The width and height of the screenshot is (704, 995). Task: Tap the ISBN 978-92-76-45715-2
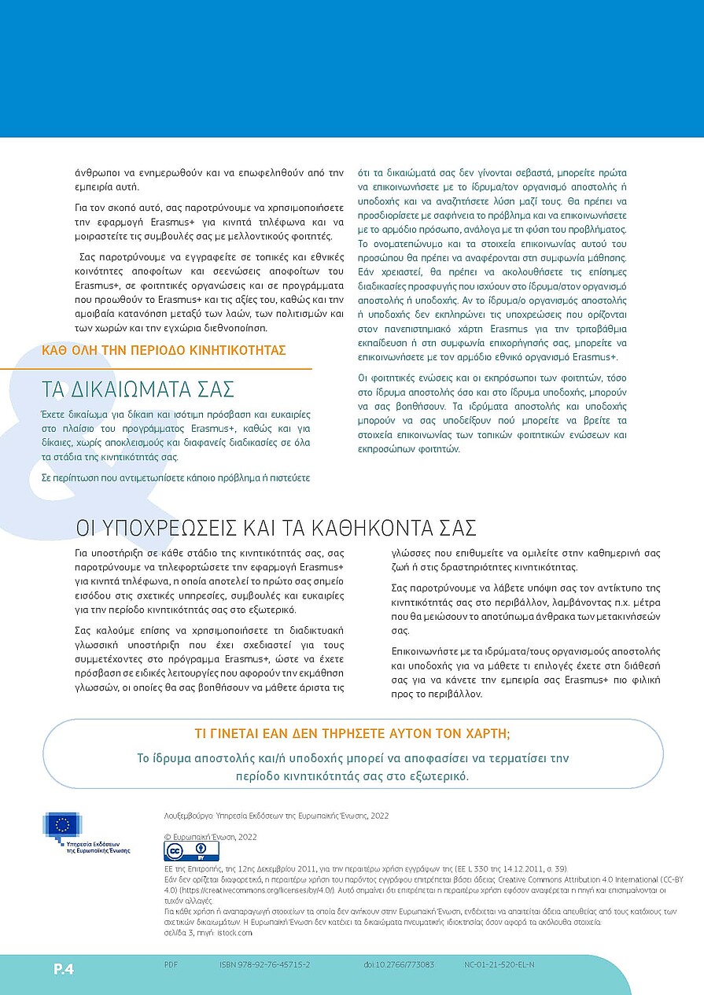[264, 964]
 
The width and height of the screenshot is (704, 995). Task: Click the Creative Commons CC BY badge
[191, 850]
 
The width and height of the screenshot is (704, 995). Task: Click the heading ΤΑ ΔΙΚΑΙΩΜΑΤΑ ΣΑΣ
[138, 389]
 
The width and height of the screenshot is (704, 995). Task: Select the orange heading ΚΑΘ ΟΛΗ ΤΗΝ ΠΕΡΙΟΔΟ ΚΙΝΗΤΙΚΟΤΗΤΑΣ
[164, 351]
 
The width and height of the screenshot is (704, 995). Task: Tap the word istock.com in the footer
[236, 932]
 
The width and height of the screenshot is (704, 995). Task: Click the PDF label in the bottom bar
[171, 964]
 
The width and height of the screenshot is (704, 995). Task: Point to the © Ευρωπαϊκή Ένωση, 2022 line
[210, 837]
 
